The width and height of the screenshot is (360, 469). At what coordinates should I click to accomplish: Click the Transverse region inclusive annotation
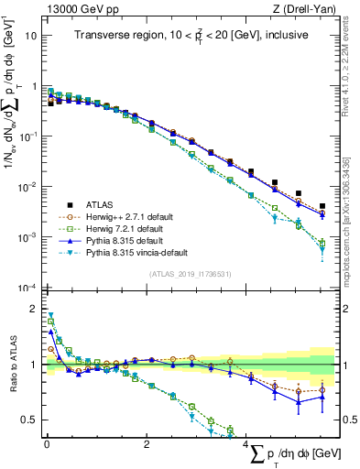tap(191, 35)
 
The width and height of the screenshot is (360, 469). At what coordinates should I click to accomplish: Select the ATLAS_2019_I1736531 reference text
tap(190, 273)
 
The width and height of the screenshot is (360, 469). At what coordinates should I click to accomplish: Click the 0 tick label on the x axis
tap(47, 443)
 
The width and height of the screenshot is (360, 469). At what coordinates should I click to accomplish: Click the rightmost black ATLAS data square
tap(322, 207)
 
